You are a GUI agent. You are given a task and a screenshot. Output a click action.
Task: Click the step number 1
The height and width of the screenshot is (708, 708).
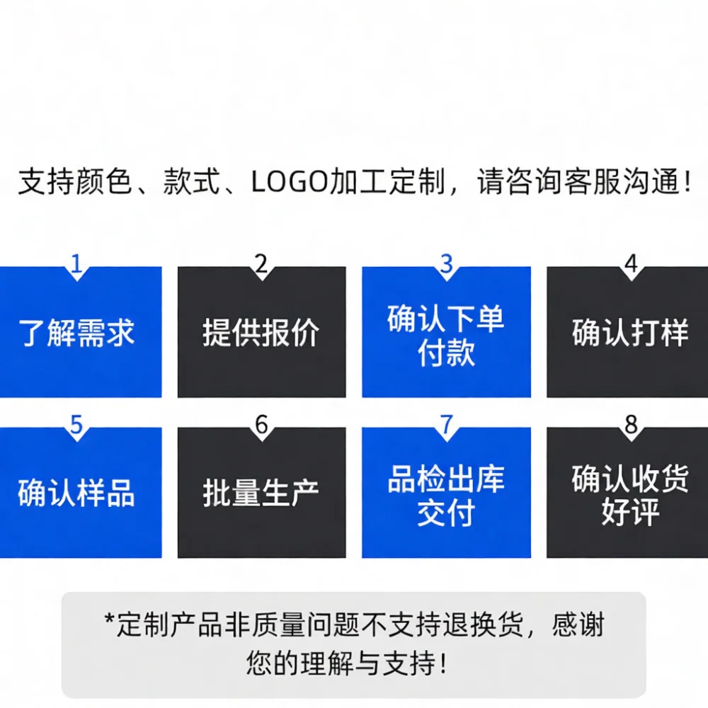click(x=76, y=263)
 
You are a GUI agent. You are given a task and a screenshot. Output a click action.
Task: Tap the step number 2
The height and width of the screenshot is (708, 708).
click(x=261, y=263)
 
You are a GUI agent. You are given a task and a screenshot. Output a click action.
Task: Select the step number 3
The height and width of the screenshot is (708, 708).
click(x=446, y=263)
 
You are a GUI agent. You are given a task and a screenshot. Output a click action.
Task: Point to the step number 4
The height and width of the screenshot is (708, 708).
click(x=631, y=263)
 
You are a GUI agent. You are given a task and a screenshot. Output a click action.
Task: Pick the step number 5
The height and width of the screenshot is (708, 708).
click(x=76, y=424)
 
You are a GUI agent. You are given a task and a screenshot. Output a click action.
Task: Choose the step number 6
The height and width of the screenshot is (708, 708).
click(x=261, y=424)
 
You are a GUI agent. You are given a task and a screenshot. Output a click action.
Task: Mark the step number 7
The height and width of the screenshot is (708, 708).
click(x=446, y=424)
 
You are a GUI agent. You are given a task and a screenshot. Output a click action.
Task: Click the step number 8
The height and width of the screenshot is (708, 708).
click(x=631, y=424)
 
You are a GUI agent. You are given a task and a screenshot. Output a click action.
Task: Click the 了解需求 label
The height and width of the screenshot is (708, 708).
click(x=76, y=333)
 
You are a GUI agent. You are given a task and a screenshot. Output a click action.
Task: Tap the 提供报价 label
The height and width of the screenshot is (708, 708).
click(x=261, y=333)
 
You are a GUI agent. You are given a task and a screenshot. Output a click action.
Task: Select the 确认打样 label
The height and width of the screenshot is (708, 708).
click(x=630, y=333)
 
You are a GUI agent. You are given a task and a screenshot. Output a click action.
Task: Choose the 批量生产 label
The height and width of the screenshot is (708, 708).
click(x=261, y=493)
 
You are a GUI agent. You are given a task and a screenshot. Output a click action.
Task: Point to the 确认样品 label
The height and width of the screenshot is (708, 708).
click(x=76, y=493)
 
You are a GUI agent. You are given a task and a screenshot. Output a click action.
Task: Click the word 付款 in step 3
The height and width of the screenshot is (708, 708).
click(x=446, y=353)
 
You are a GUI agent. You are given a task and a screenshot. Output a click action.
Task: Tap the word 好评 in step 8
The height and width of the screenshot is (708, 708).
click(x=630, y=512)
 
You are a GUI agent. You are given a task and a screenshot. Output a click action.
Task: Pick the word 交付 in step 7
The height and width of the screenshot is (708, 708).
click(x=446, y=512)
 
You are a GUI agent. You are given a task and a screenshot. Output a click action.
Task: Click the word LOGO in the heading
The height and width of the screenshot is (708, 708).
click(x=290, y=182)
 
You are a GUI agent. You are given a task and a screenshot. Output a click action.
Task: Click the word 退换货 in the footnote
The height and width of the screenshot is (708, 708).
click(x=482, y=624)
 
